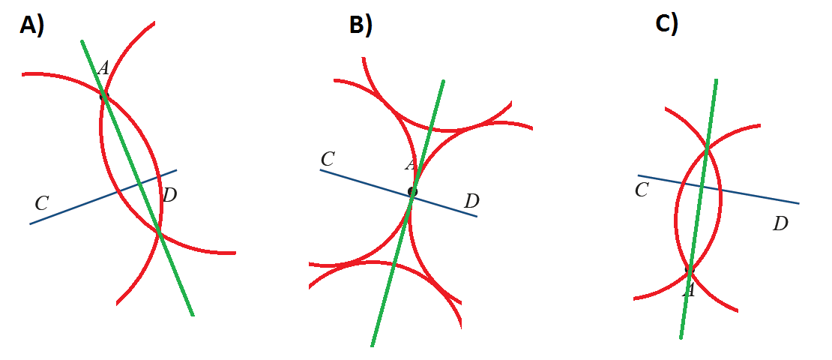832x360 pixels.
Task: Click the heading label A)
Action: coord(32,25)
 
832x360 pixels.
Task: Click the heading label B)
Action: coord(361,25)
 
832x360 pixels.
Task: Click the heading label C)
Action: coord(666,24)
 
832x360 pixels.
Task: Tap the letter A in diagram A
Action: coord(103,68)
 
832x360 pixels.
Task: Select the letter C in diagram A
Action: coord(42,202)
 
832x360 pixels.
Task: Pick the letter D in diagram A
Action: coord(169,196)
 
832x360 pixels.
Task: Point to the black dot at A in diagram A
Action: coord(103,95)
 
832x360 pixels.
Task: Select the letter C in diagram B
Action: coord(327,159)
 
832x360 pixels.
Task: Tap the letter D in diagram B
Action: coord(471,201)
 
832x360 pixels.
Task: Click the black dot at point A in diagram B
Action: coord(412,192)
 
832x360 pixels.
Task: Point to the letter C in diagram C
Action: coord(642,190)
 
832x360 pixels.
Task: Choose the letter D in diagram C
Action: coord(780,223)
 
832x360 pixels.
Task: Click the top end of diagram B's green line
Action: coord(444,80)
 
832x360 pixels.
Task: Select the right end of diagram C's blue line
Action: coord(798,202)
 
